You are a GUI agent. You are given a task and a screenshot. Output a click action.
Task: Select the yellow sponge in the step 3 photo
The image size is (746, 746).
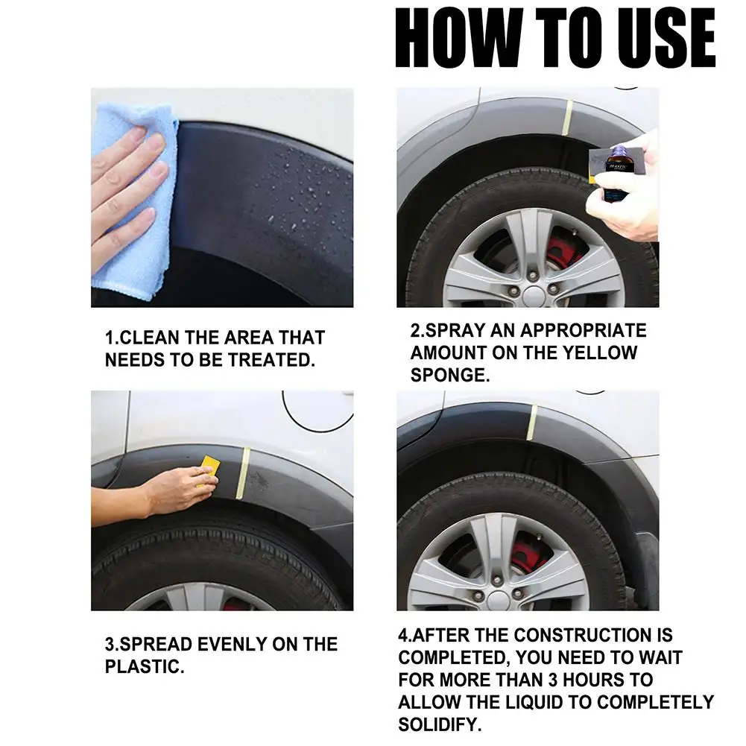pos(207,471)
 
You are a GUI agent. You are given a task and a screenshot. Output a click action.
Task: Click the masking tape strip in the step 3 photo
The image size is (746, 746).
pos(243,472)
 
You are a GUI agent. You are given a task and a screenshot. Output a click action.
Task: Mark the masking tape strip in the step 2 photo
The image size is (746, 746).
pos(567,118)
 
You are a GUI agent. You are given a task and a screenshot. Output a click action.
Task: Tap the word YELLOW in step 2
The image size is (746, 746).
pos(600,353)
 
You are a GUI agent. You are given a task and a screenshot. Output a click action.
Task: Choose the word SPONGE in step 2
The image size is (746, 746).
pos(449,376)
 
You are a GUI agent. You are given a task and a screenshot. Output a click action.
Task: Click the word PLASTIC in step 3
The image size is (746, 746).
pos(144,666)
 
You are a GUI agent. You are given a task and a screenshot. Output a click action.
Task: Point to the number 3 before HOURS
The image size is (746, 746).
pos(552,680)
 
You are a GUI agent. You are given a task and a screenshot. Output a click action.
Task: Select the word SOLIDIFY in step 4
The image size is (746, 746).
pos(440,724)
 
